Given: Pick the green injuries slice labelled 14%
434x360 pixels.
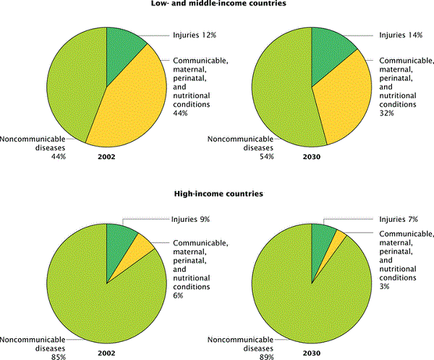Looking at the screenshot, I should [330, 47].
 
